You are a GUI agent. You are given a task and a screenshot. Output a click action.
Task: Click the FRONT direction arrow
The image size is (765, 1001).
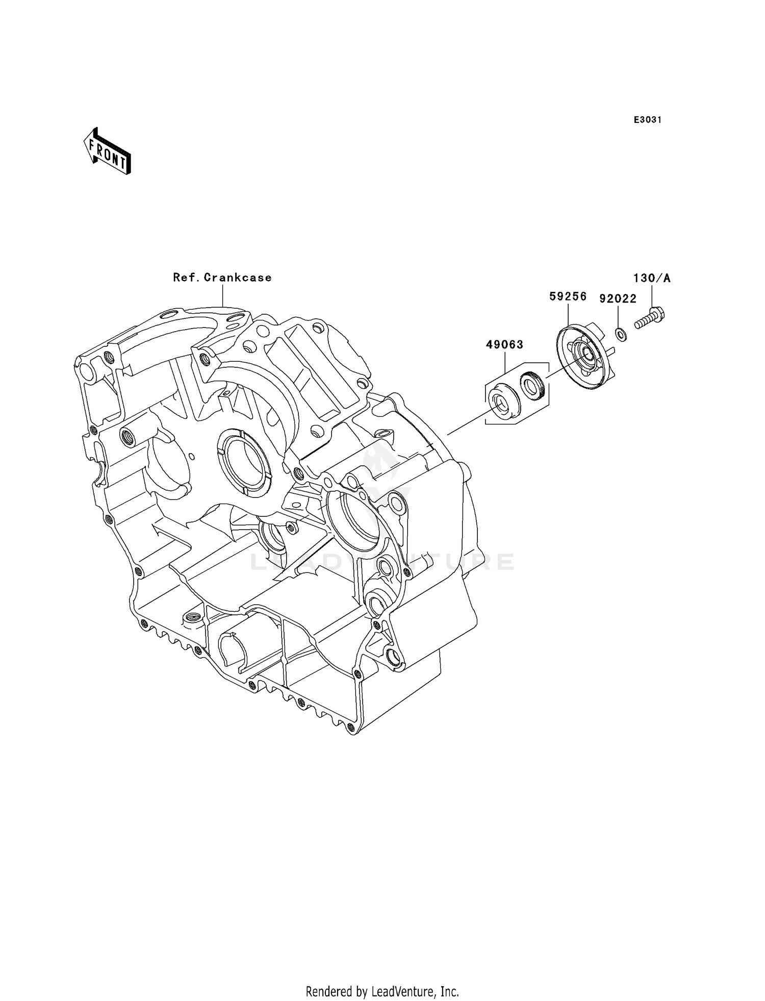coord(107,151)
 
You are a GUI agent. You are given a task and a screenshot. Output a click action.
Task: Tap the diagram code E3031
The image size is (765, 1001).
coord(647,120)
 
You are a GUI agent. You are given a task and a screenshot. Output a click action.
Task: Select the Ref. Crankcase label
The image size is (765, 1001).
coord(222,278)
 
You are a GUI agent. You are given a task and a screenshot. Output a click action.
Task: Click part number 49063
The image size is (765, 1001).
coord(504,345)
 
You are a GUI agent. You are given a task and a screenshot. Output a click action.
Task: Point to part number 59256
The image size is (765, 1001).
coord(568,296)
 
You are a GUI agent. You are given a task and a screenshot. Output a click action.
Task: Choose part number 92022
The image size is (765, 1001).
coord(618,299)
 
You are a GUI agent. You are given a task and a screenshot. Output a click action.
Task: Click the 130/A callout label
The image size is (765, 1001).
coord(652,278)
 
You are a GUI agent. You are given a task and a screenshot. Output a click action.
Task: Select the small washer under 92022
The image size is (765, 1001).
coord(621,335)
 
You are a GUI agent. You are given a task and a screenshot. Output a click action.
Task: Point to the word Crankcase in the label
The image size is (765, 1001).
coord(238,278)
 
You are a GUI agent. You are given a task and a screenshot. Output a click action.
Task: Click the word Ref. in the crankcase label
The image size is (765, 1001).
coord(186,278)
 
